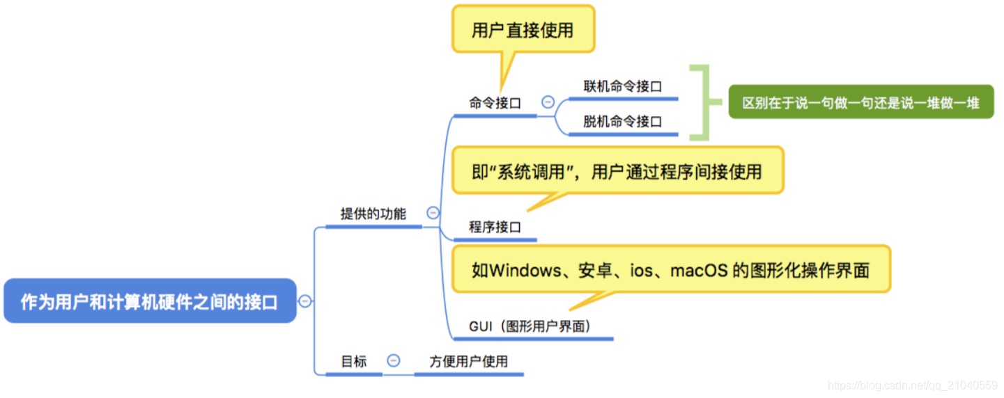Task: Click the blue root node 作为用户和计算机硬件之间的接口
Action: tap(150, 301)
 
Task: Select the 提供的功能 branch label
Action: tap(373, 214)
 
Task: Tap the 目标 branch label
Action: tap(353, 361)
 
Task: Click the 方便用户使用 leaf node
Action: tap(468, 361)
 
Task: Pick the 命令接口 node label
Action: tap(495, 103)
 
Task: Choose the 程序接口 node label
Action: tap(495, 227)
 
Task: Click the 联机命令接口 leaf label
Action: tap(622, 86)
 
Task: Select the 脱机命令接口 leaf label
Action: tap(622, 121)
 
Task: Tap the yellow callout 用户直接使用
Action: tap(523, 30)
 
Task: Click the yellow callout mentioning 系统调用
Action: tap(617, 171)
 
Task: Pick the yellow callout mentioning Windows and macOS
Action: tap(670, 270)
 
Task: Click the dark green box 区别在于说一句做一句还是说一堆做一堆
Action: tap(860, 103)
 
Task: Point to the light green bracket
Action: tap(705, 103)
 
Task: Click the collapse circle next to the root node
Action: tap(305, 301)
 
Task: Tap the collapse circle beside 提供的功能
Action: tap(433, 213)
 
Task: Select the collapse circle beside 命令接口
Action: tap(548, 102)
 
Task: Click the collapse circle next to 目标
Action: tap(394, 360)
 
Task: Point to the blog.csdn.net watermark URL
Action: tap(912, 385)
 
